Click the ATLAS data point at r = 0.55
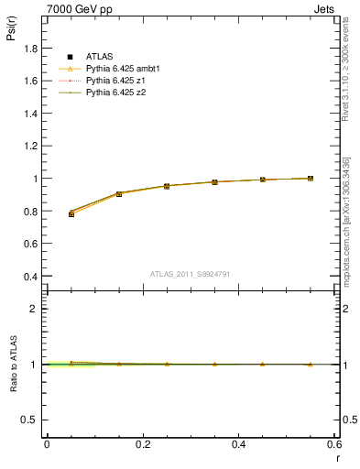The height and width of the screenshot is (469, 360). pyautogui.click(x=311, y=179)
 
